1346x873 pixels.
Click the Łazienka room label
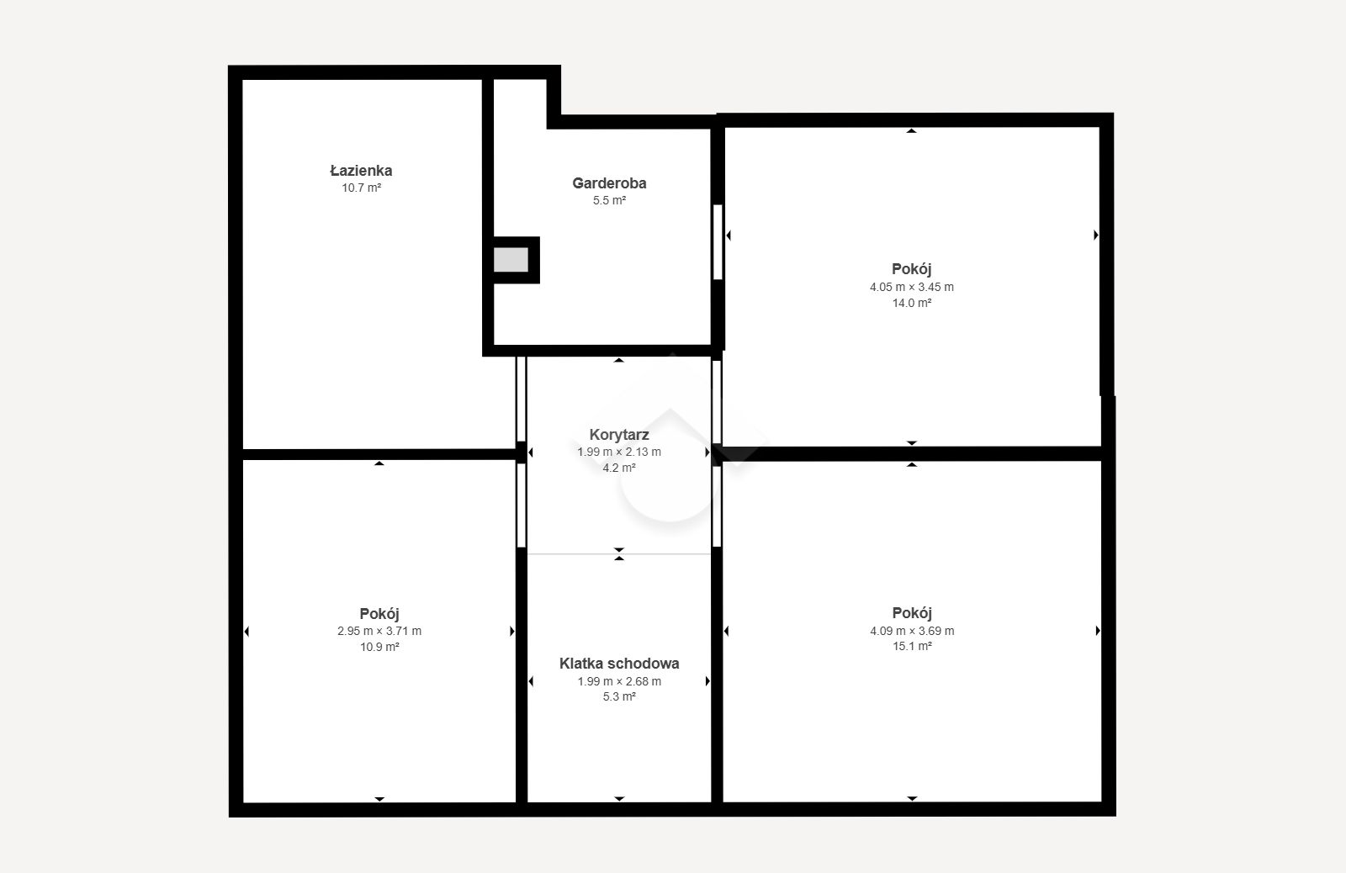coord(361,171)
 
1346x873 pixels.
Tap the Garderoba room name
coord(609,183)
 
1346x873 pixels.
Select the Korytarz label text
coord(619,434)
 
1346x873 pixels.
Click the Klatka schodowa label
coord(619,664)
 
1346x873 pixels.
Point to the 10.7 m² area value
coord(361,188)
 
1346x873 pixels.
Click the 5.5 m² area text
coord(609,201)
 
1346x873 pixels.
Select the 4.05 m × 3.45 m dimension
coord(912,287)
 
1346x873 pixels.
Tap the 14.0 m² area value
coord(912,303)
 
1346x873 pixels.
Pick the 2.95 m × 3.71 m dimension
coord(379,631)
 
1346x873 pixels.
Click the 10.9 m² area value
coord(379,647)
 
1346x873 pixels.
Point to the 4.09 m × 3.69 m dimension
coord(912,631)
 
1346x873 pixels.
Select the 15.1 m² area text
coord(912,647)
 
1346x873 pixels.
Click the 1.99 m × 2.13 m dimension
coord(619,452)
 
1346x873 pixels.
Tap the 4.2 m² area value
coord(619,468)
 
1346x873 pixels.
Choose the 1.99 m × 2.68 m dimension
coord(619,681)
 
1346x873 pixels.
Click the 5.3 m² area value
coord(619,697)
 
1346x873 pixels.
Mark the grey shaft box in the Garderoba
coord(511,260)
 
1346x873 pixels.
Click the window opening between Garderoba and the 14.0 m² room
coord(718,242)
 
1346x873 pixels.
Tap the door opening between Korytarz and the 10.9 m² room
coord(522,505)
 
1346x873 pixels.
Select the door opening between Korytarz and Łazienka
coord(522,399)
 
